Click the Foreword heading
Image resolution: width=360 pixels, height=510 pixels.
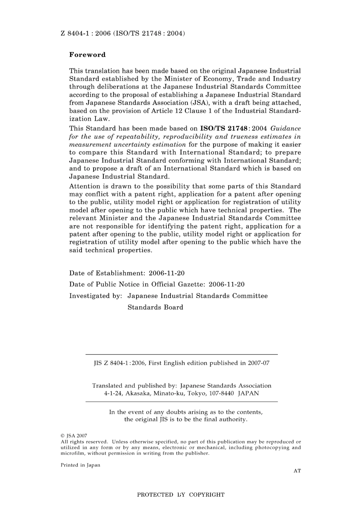coord(87,55)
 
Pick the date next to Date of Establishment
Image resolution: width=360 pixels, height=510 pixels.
coord(167,273)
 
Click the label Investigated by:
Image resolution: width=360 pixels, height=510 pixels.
coord(95,296)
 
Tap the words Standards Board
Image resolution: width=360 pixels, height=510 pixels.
coord(155,307)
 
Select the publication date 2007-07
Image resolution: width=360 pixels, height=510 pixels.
coord(258,363)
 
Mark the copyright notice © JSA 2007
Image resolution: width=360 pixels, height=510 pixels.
coord(74,436)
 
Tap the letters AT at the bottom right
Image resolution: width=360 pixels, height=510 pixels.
coord(297,471)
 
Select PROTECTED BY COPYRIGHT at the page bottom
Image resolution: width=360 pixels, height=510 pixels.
coord(180,494)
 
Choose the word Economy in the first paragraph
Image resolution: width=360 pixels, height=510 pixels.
coord(218,79)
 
